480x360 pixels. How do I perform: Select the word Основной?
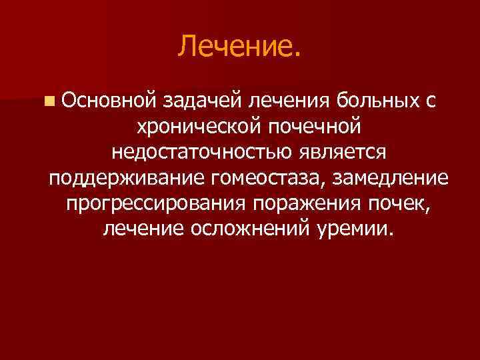(x=107, y=101)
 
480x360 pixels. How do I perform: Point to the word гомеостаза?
(x=265, y=179)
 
